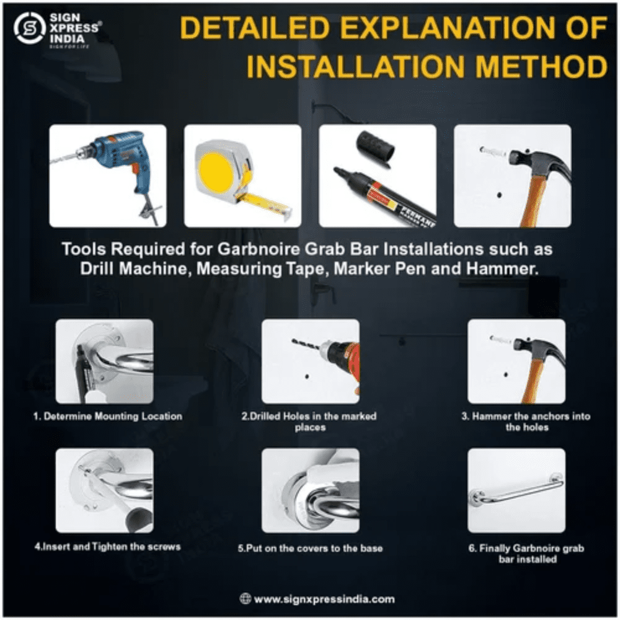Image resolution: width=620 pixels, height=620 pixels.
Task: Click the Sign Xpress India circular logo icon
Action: point(29,28)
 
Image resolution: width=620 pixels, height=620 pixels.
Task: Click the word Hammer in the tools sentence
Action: point(502,269)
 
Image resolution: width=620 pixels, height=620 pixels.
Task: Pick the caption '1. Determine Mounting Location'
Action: point(108,416)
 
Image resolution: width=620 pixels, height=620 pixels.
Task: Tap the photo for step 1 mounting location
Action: point(104,361)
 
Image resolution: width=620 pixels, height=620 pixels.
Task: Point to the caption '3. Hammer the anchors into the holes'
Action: point(526,422)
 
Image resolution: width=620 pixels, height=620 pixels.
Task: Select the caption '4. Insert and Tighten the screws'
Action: point(107,547)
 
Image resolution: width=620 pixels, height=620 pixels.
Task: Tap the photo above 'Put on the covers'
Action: point(311,490)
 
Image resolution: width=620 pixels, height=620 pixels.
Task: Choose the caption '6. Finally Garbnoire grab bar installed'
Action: point(526,554)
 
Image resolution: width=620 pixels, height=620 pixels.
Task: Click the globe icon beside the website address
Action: point(245,599)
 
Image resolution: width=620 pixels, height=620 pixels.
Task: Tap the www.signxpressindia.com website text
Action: point(324,599)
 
